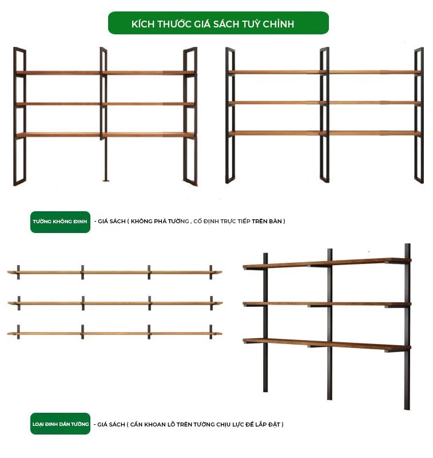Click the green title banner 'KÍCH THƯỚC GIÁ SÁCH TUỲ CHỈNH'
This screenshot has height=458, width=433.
tap(219, 23)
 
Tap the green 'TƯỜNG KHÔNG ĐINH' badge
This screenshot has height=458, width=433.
tap(60, 222)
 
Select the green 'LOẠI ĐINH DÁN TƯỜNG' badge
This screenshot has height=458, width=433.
tap(60, 424)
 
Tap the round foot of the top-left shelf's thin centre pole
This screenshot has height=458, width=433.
tap(106, 180)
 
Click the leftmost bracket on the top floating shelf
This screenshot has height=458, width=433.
tap(18, 273)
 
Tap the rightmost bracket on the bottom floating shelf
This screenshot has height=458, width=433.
tap(210, 332)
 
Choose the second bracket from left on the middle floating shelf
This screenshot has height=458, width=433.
tap(83, 303)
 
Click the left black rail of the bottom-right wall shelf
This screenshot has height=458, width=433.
tap(265, 322)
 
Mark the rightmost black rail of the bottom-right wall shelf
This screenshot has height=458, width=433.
tap(407, 326)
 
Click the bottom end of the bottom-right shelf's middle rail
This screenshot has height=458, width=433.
tap(329, 399)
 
